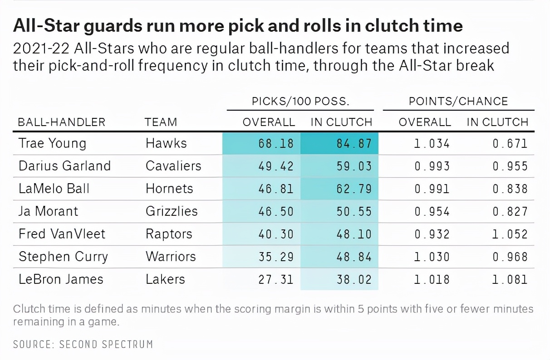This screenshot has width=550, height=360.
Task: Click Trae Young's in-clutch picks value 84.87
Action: pyautogui.click(x=354, y=144)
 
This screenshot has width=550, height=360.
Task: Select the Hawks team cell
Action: pyautogui.click(x=166, y=144)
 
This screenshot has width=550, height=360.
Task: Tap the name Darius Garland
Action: pyautogui.click(x=64, y=166)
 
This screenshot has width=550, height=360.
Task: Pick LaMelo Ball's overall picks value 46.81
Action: pyautogui.click(x=276, y=189)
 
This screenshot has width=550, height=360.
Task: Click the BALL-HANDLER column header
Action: pyautogui.click(x=61, y=122)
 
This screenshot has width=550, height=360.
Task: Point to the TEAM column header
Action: pyautogui.click(x=161, y=122)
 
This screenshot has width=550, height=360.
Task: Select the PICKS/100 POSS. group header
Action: pyautogui.click(x=300, y=101)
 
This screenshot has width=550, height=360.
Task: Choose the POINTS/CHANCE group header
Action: pyautogui.click(x=458, y=101)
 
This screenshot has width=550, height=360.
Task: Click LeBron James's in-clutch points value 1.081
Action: pyautogui.click(x=510, y=279)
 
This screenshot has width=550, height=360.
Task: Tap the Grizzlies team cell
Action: pyautogui.click(x=172, y=211)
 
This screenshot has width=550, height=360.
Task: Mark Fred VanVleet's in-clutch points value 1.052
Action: pyautogui.click(x=510, y=234)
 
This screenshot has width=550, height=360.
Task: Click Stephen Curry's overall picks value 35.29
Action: pyautogui.click(x=276, y=257)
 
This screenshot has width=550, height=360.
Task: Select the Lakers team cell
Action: pyautogui.click(x=165, y=279)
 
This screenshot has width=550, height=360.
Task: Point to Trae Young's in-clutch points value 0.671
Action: pyautogui.click(x=510, y=144)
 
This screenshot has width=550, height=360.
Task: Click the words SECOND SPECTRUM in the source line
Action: pyautogui.click(x=106, y=344)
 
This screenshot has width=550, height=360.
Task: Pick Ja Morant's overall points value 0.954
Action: pyautogui.click(x=432, y=211)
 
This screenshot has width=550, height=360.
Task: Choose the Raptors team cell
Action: pyautogui.click(x=169, y=234)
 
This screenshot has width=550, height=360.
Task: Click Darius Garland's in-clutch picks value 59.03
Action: pyautogui.click(x=354, y=166)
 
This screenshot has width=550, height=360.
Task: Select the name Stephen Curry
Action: pyautogui.click(x=63, y=257)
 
